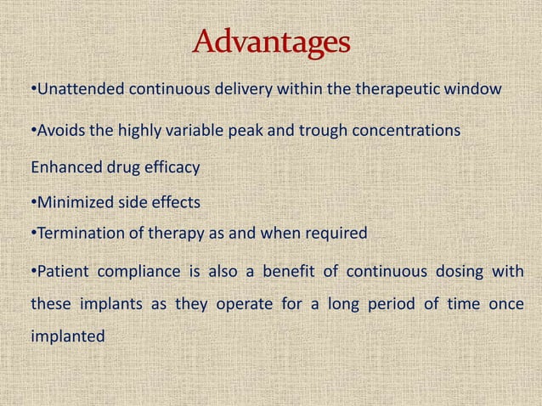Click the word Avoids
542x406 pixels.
pos(57,132)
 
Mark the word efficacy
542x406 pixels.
pos(171,167)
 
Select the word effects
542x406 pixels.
pos(174,202)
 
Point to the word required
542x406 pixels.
pos(338,233)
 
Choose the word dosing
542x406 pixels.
pos(458,272)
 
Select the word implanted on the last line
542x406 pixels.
pos(68,336)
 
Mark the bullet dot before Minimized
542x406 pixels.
pos(32,202)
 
